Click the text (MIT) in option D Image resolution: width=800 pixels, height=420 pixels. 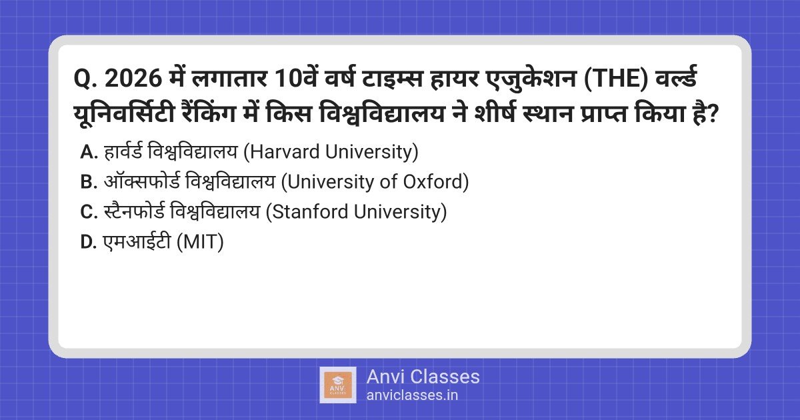click(199, 242)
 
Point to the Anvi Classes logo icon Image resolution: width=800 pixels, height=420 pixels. click(338, 385)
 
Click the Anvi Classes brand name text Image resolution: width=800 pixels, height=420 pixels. click(423, 377)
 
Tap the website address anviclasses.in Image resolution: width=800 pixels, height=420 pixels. click(412, 395)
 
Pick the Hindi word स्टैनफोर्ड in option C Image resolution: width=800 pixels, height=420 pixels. click(133, 212)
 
